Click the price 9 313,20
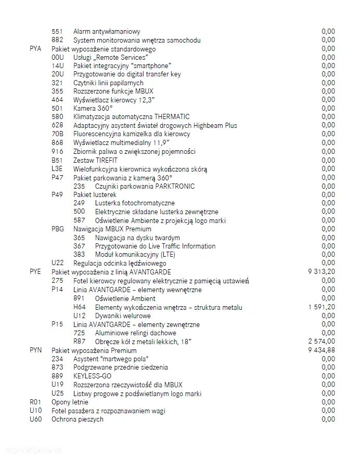[x=322, y=272]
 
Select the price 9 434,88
[x=322, y=350]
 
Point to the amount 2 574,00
[x=322, y=342]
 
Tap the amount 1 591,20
[x=322, y=307]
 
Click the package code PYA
[x=35, y=49]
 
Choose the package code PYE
[x=35, y=272]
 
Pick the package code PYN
[x=35, y=350]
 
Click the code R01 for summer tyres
[x=35, y=402]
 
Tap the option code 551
[x=57, y=32]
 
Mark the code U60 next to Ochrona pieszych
[x=35, y=419]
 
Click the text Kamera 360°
[x=93, y=108]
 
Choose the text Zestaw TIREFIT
[x=96, y=160]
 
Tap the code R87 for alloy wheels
[x=79, y=342]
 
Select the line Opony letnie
[x=70, y=402]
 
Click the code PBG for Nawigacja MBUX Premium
[x=58, y=229]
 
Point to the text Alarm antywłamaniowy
[x=107, y=32]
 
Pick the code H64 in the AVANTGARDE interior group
[x=79, y=307]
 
